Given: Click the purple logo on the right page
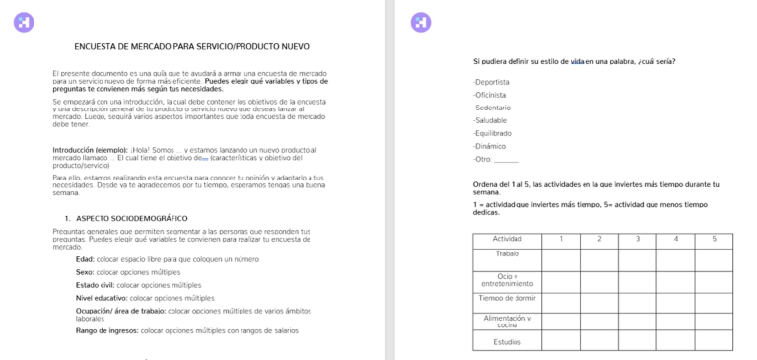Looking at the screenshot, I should coord(420,21).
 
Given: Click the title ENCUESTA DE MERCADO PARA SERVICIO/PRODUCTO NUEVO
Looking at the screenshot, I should coord(192,46).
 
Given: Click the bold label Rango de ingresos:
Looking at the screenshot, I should coord(107,331).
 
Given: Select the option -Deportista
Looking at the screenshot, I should coord(492,82).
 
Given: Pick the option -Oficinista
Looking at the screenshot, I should coord(490,95).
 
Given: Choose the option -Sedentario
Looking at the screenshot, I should coord(492,108).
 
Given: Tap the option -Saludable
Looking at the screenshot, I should coord(490,120).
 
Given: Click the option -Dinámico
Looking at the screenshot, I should coord(490,146).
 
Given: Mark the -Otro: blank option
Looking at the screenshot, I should coord(495,159).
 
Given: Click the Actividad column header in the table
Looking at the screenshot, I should coord(507,239).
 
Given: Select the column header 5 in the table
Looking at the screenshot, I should coord(714,239).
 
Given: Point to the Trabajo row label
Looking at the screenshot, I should coord(507,253).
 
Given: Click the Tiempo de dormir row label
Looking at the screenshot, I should coord(507,298).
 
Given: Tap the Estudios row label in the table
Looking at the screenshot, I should coord(507,342).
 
